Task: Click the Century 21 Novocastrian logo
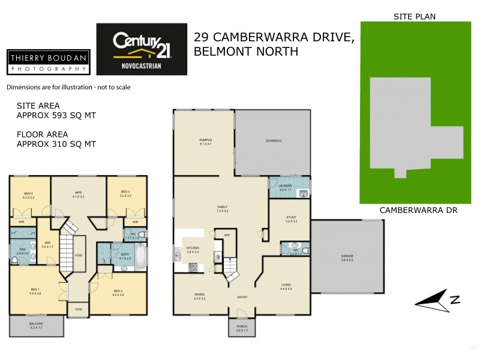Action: click(142, 49)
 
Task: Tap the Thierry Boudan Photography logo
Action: click(49, 62)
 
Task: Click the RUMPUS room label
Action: click(206, 141)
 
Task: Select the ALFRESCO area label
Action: click(274, 140)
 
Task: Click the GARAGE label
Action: click(347, 257)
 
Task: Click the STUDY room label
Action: click(292, 219)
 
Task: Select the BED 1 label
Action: click(35, 291)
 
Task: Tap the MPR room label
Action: click(78, 194)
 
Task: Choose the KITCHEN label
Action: click(193, 249)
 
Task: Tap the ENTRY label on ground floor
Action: click(242, 297)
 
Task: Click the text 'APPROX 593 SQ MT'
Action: click(56, 115)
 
